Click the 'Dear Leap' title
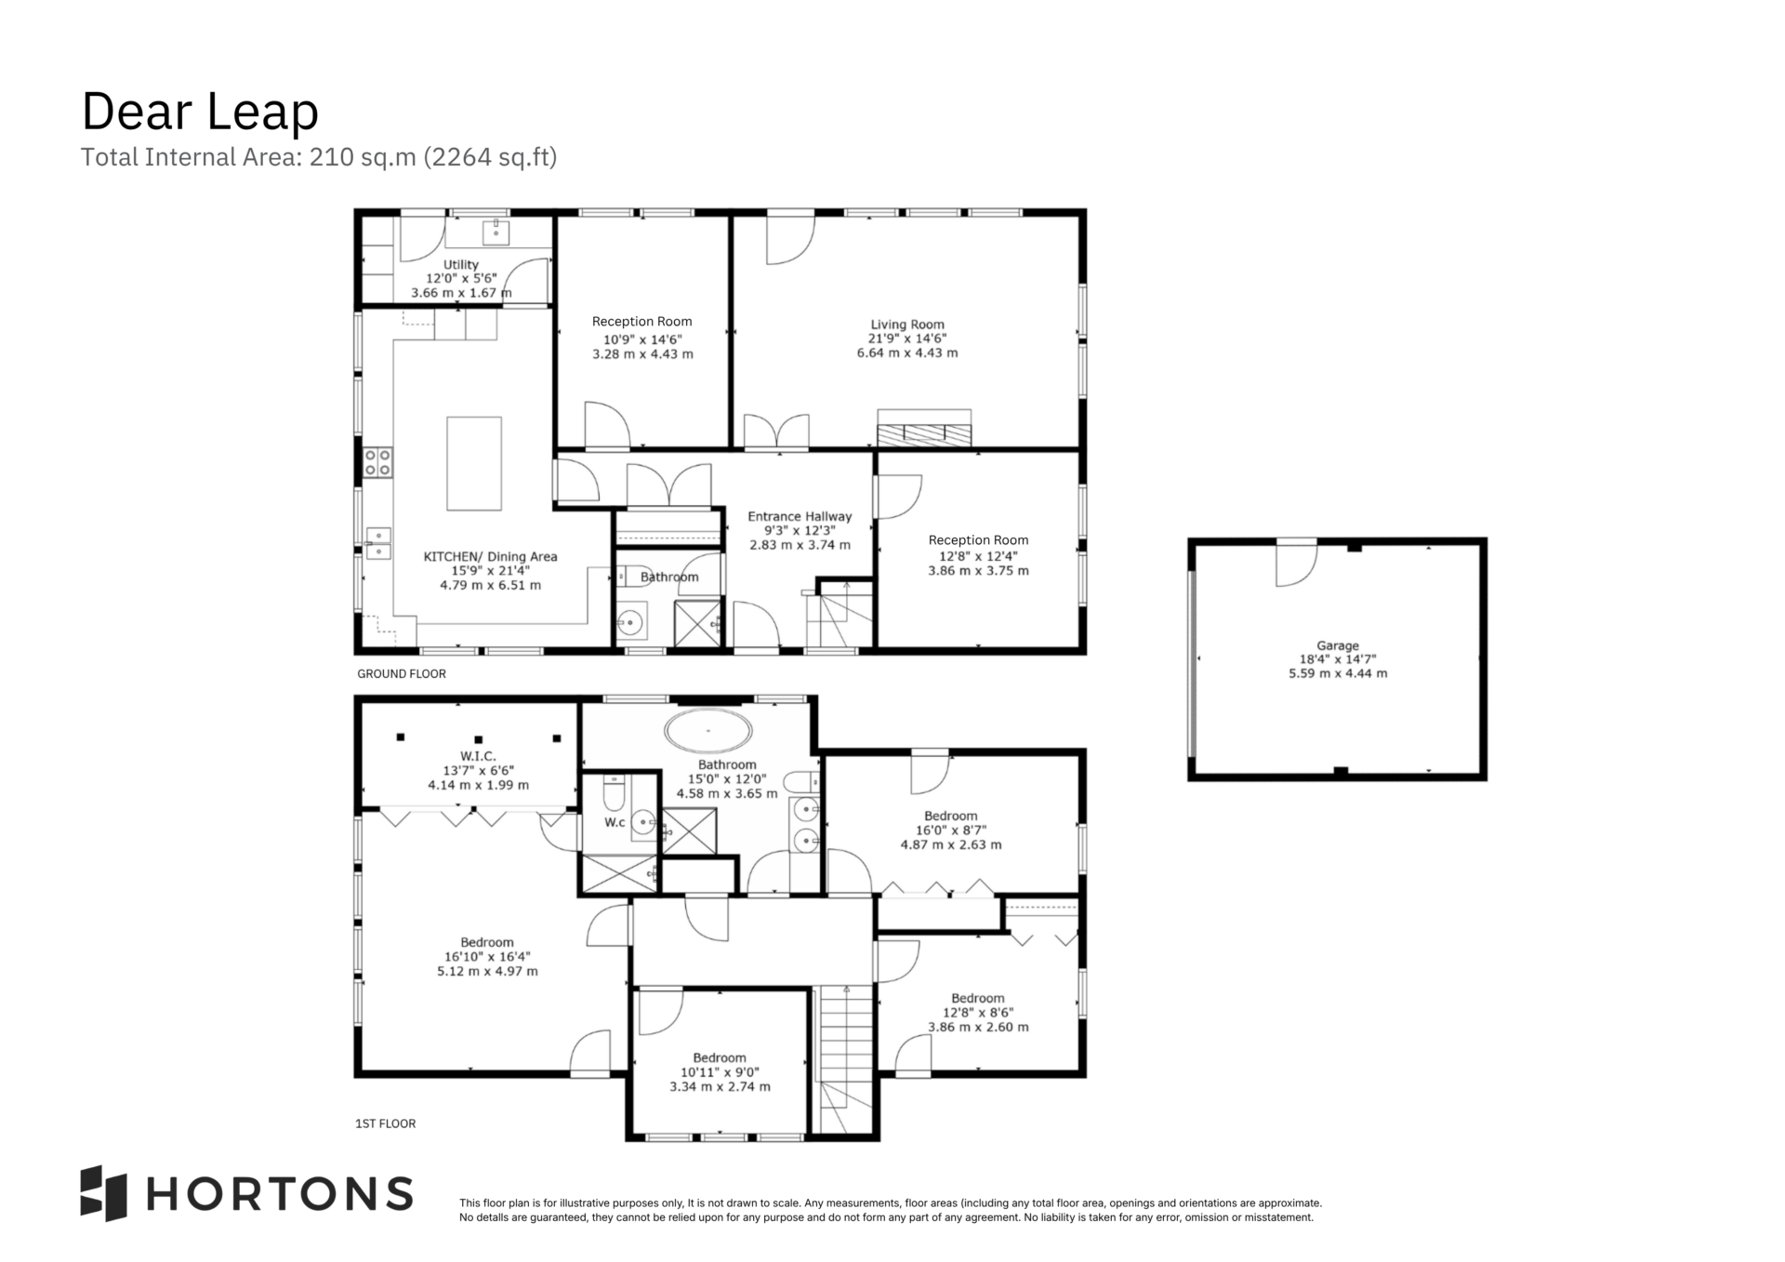pos(200,112)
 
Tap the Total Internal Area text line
pos(319,157)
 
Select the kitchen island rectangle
pos(474,463)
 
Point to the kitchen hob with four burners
pos(377,462)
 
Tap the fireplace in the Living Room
pos(924,429)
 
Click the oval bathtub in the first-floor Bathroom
pos(708,731)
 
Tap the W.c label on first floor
pos(615,822)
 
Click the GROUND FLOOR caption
pos(402,674)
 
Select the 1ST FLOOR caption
pos(386,1123)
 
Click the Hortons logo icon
pos(103,1193)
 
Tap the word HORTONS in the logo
pos(280,1193)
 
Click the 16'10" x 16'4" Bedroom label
pos(487,956)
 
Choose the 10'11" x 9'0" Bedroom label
pos(720,1071)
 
